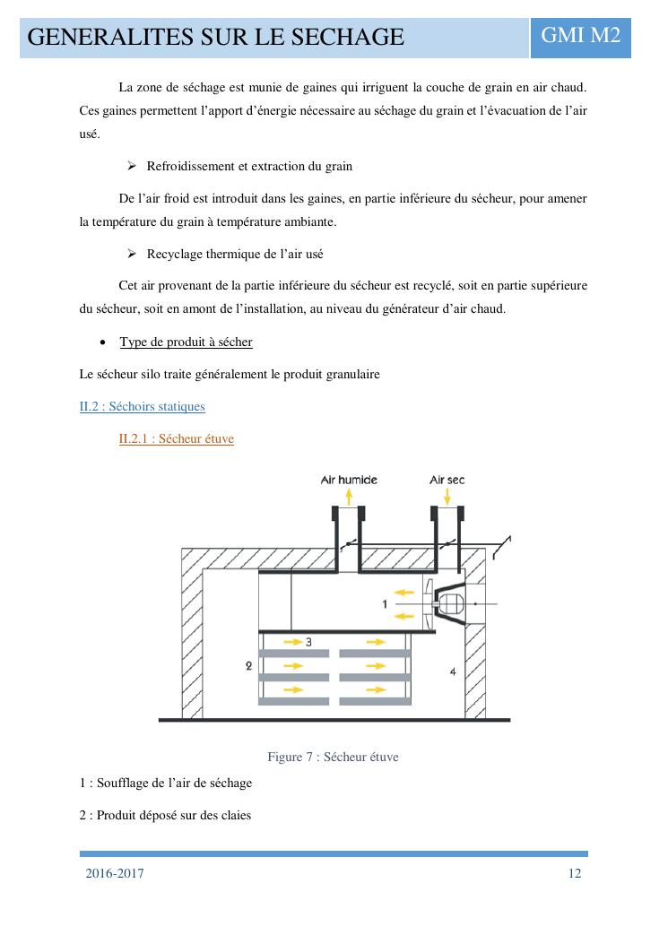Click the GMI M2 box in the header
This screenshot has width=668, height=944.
coord(581,36)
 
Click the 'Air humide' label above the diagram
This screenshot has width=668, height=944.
coord(349,480)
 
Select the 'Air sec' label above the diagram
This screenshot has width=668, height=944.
coord(447,480)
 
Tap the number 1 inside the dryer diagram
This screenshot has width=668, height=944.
coord(385,604)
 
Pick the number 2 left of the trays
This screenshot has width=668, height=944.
coord(247,666)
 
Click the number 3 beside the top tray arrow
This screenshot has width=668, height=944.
coord(308,642)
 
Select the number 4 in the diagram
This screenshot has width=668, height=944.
coord(453,671)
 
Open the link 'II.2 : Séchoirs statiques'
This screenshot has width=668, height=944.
coord(142,407)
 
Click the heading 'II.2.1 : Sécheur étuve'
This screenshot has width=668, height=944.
coord(176,439)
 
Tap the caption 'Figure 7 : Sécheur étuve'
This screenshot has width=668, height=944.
coord(333,758)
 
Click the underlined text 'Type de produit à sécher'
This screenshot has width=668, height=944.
coord(186,342)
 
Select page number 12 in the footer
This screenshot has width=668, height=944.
coord(575,874)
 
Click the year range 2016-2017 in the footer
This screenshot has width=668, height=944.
coord(115,874)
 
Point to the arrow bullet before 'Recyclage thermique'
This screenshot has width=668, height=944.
coord(133,255)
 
